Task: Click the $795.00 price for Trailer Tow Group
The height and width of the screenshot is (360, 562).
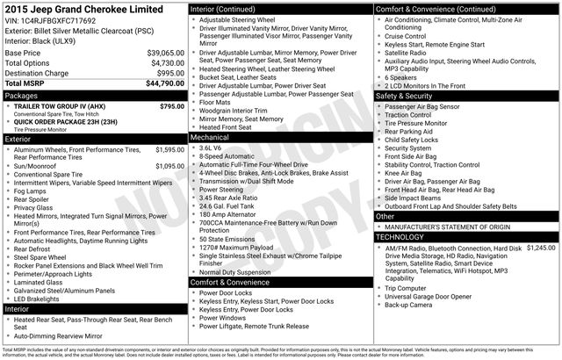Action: (171, 106)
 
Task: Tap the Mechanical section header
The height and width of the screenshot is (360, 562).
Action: (210, 137)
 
